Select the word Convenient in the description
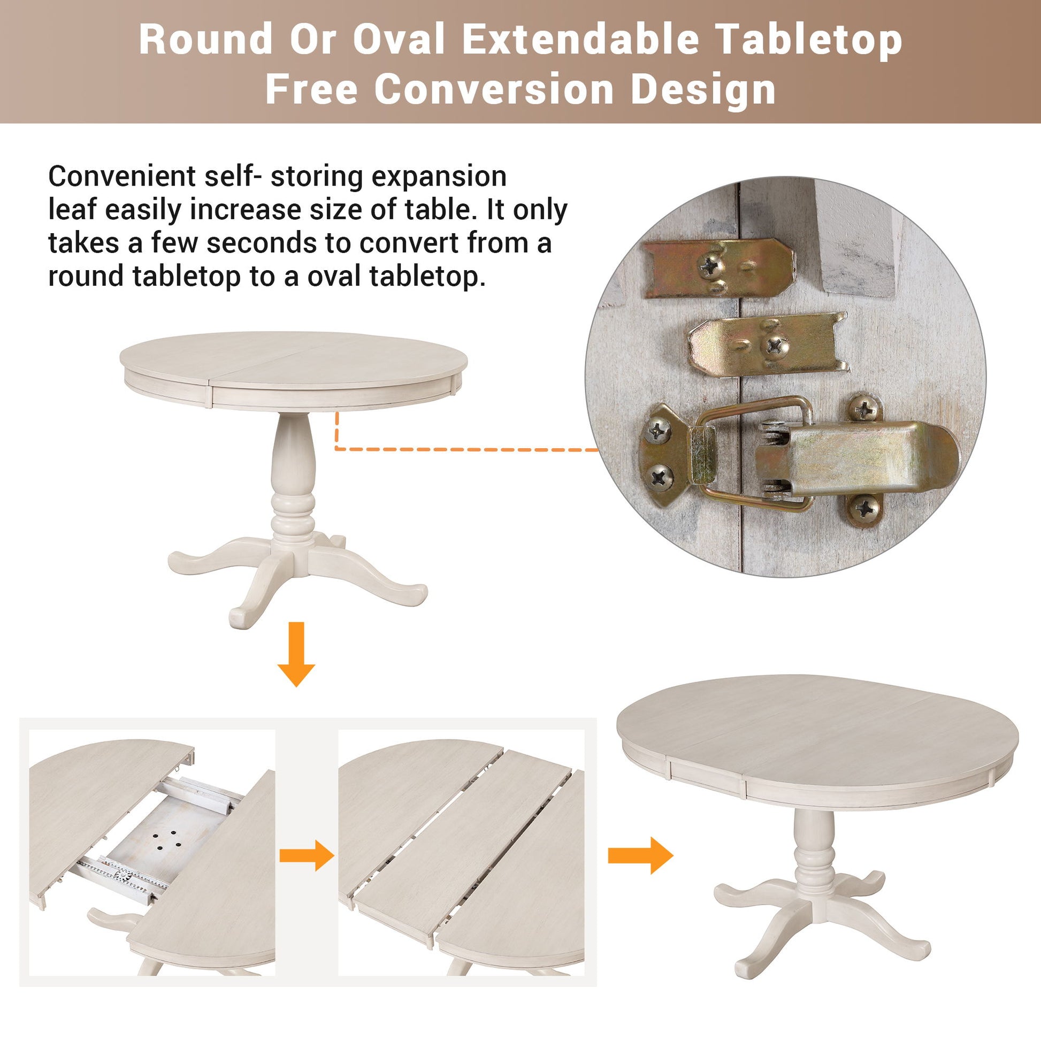(123, 176)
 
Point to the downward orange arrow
(296, 654)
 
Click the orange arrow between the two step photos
(307, 855)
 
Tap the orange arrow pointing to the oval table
(640, 855)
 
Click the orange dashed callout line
(463, 448)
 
